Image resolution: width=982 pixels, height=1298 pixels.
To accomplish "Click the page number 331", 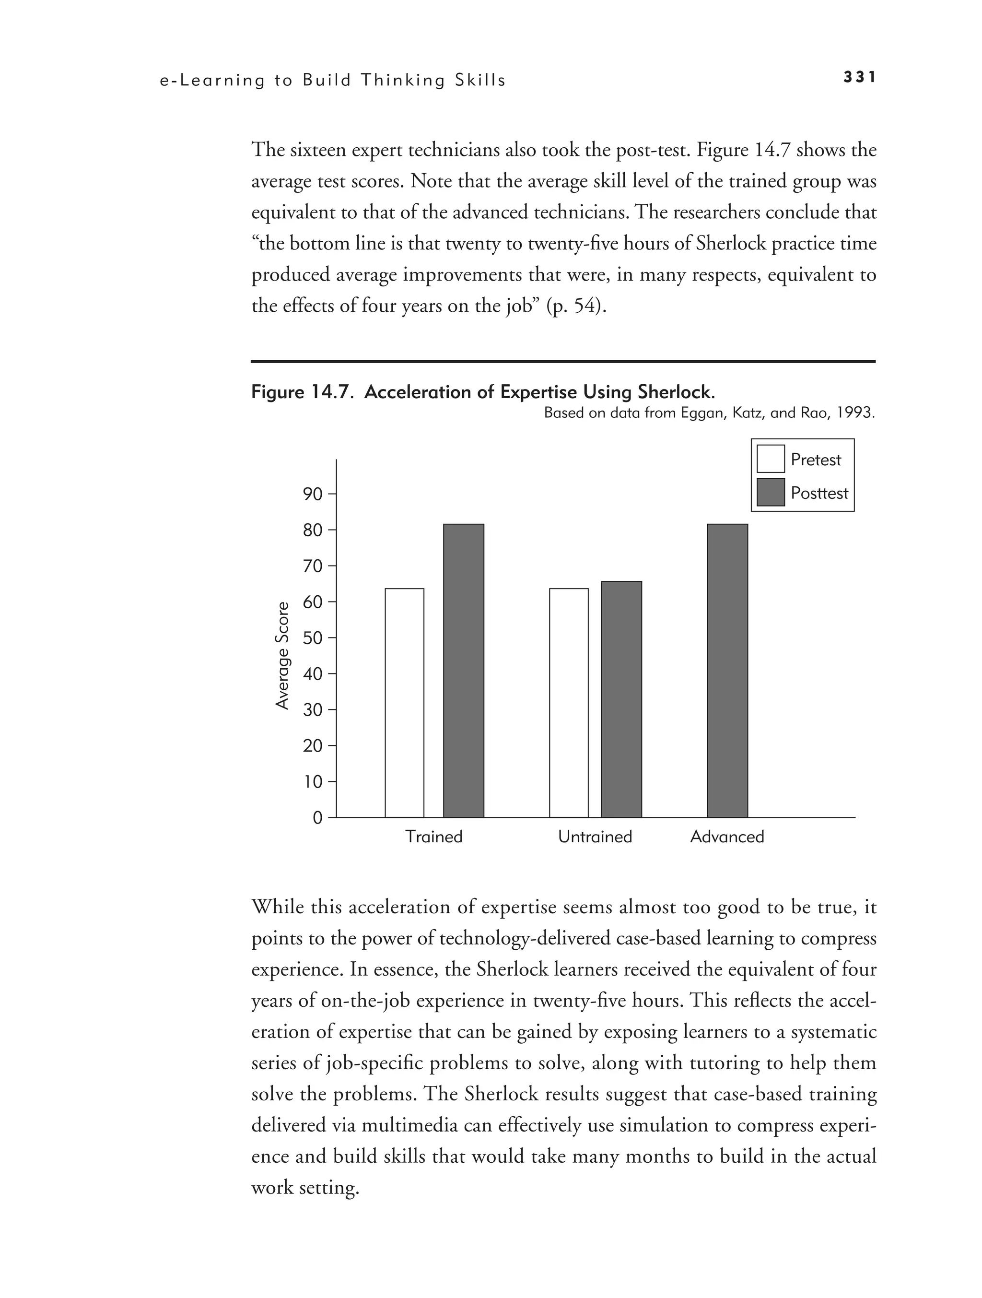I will click(x=859, y=77).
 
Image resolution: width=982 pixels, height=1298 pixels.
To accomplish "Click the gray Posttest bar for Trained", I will click(x=463, y=670).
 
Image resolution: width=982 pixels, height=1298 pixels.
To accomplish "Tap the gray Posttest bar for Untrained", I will click(x=621, y=699).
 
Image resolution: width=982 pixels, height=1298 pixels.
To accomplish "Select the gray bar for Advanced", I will click(x=727, y=670).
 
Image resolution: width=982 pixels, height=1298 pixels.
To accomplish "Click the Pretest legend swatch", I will click(x=770, y=459).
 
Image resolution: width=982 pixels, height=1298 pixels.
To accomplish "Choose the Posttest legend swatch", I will click(x=770, y=492).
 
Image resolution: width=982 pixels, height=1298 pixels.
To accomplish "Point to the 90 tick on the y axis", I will click(x=313, y=494).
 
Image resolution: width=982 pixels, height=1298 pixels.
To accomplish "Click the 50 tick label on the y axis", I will click(x=313, y=638).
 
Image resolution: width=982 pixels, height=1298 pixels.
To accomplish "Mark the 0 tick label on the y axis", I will click(x=317, y=818).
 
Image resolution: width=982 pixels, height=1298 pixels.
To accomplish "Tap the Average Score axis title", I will click(x=283, y=655).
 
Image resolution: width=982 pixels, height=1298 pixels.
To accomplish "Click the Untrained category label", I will click(x=595, y=837).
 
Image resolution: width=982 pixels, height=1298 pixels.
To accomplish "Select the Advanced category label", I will click(x=727, y=837).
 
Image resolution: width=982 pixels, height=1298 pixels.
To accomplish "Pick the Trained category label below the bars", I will click(x=433, y=837).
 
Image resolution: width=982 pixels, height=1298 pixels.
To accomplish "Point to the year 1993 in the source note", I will click(x=855, y=413).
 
